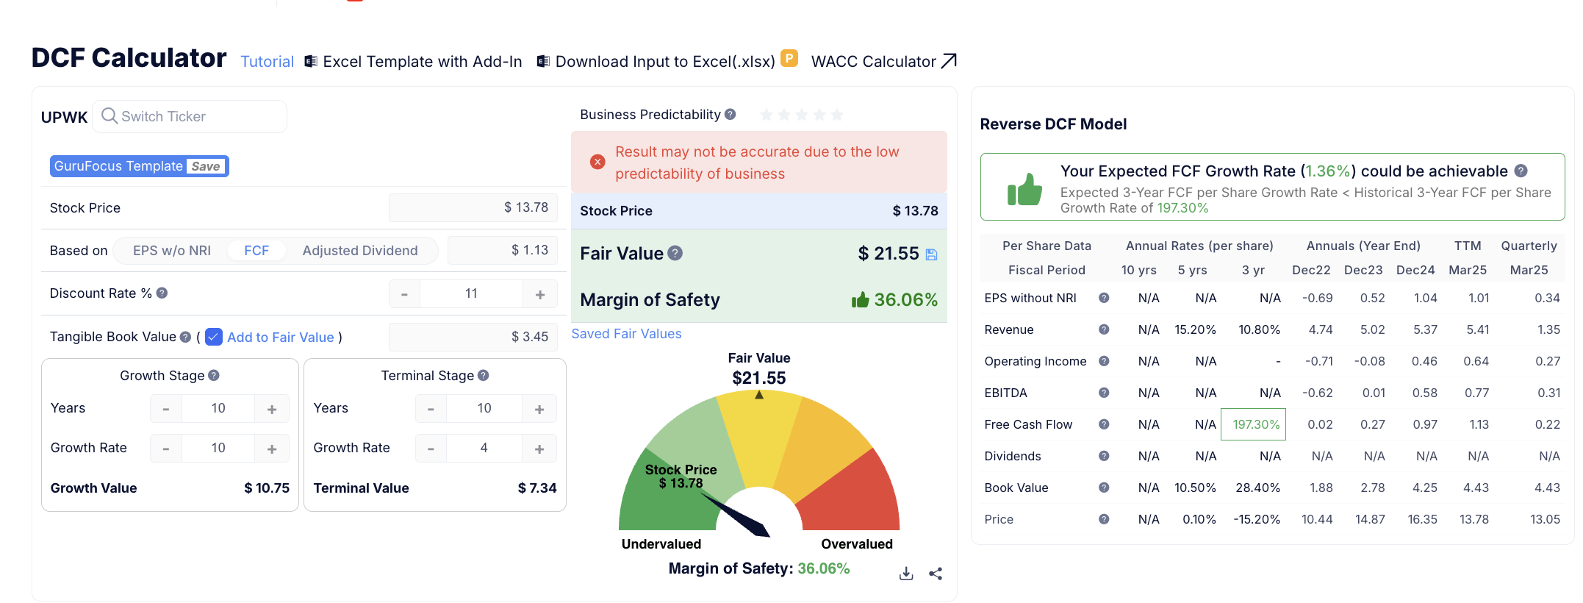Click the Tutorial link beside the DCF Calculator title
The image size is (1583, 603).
[267, 62]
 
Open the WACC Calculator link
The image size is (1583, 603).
[883, 62]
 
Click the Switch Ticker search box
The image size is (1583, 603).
[190, 116]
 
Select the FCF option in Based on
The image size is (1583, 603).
[256, 251]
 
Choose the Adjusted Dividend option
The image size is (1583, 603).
[359, 251]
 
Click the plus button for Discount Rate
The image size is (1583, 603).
[540, 294]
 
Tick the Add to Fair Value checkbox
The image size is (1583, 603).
[214, 337]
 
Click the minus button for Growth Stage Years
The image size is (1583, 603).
[166, 409]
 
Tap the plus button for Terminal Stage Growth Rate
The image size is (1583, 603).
[539, 449]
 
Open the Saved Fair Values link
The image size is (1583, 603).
[626, 334]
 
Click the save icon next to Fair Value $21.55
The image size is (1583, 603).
[931, 254]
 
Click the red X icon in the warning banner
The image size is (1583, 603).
[597, 162]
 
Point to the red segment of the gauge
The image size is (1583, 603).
[860, 493]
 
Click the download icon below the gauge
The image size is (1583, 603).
[906, 574]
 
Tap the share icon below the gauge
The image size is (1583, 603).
[936, 574]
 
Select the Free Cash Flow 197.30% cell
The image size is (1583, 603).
[1254, 424]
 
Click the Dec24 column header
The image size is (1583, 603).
[1415, 270]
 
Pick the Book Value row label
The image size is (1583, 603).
[1016, 488]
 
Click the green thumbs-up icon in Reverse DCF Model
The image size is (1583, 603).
[1024, 190]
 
